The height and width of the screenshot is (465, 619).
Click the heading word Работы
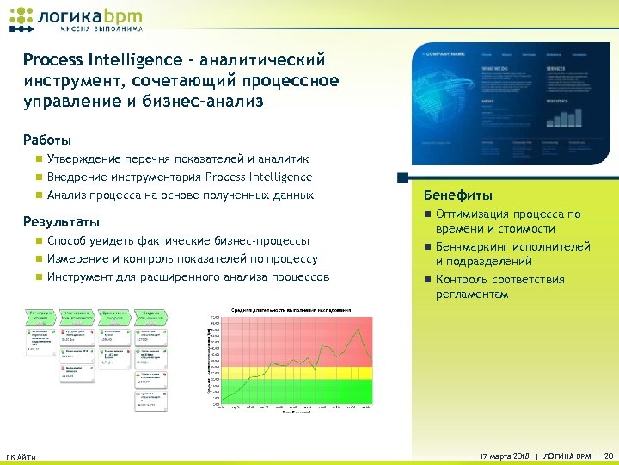coord(47,139)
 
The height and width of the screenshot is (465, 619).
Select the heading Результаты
coord(57,221)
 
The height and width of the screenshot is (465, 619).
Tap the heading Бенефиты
coord(464,195)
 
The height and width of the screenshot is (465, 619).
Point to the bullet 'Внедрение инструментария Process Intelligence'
coord(180,177)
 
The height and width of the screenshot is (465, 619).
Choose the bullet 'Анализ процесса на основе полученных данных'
coord(181,195)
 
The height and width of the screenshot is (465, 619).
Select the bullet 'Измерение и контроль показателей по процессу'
coord(182,258)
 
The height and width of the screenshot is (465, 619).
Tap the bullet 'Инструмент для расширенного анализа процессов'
coord(188,277)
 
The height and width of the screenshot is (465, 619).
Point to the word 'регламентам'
coord(472,294)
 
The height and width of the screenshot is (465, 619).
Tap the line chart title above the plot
coord(291,309)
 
